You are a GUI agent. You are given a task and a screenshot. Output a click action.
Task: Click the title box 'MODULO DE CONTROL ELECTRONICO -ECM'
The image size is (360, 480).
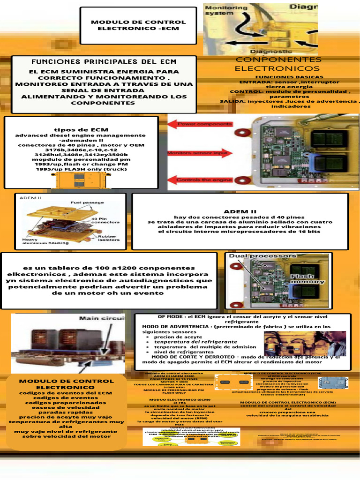tap(138, 25)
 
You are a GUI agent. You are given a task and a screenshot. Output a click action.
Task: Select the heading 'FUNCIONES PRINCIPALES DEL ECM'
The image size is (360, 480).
tap(104, 62)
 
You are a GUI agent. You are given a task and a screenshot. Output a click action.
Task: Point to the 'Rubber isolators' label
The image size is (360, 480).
tap(108, 239)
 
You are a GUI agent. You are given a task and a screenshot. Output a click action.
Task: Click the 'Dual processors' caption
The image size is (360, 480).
tap(262, 256)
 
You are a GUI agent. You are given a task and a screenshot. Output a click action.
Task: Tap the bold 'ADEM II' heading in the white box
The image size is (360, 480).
tap(240, 211)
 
